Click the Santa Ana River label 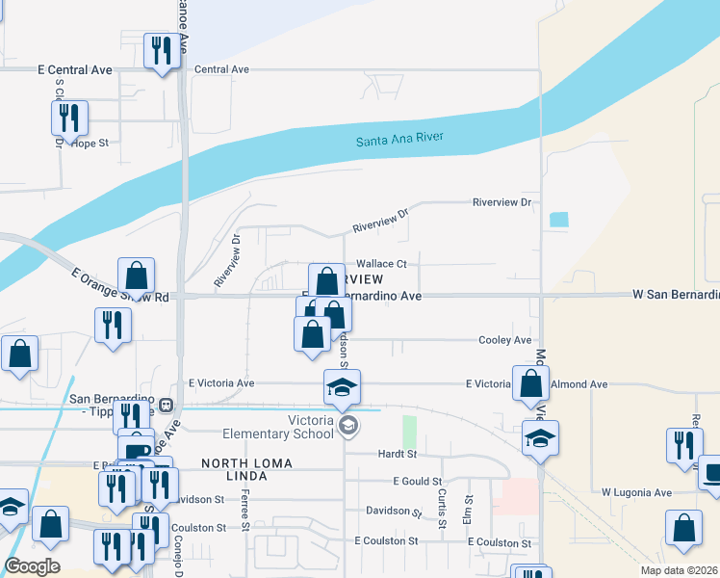point(399,140)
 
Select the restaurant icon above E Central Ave point(161,51)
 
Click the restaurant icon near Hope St point(69,118)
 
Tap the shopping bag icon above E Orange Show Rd point(137,276)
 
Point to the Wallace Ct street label point(382,264)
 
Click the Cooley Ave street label point(505,340)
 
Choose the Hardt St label point(397,453)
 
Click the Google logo point(32,566)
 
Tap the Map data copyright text point(679,570)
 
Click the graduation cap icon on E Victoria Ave point(342,387)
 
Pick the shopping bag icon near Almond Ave point(530,382)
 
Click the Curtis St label point(442,509)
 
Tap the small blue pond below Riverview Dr point(558,219)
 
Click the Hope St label point(90,143)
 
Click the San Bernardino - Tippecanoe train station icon point(166,406)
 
